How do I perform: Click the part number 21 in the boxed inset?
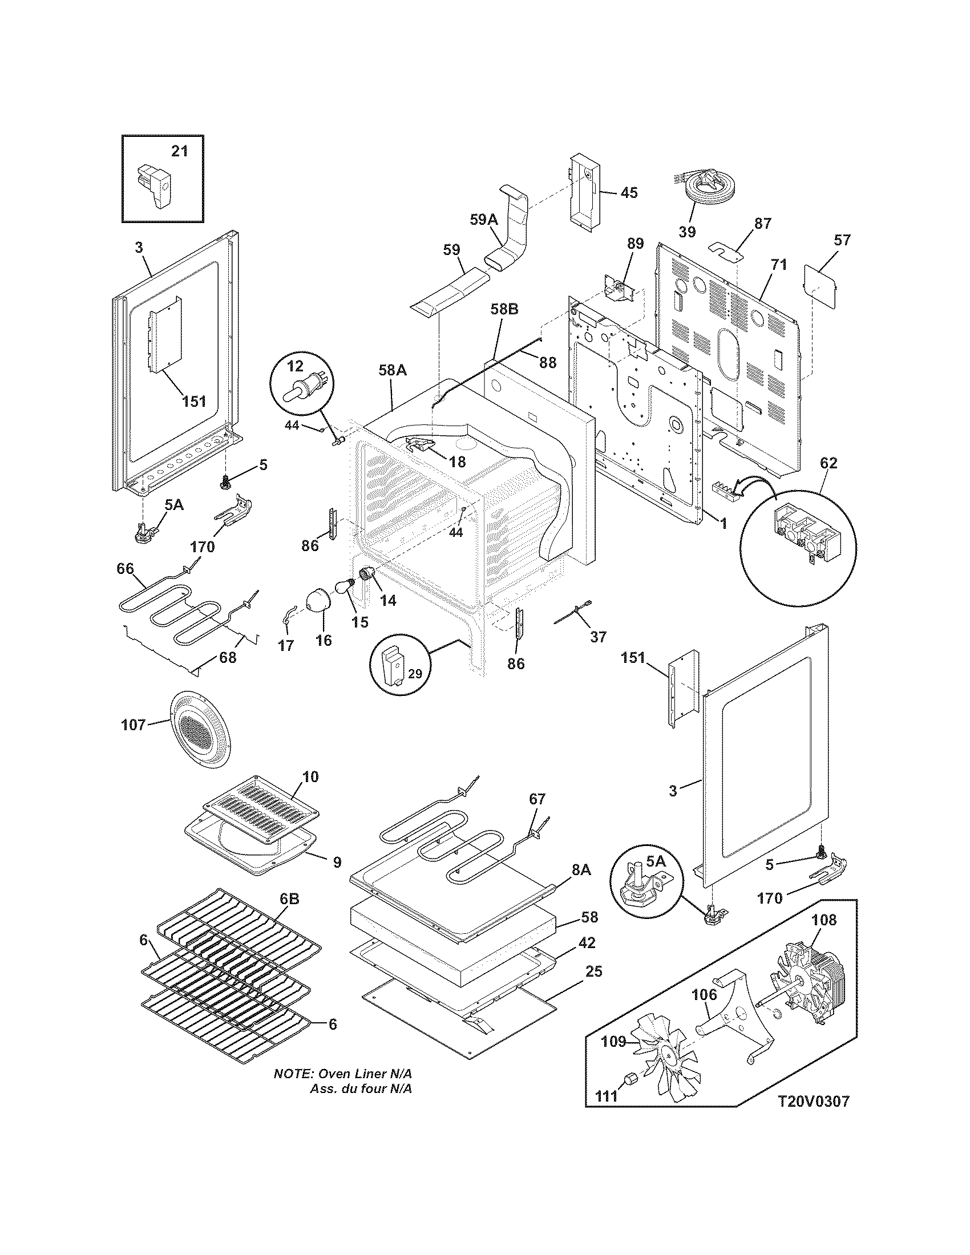(x=180, y=151)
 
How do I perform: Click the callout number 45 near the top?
(x=629, y=192)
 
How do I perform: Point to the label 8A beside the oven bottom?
(x=581, y=871)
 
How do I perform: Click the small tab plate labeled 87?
(x=726, y=250)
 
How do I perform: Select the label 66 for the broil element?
(x=125, y=569)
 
